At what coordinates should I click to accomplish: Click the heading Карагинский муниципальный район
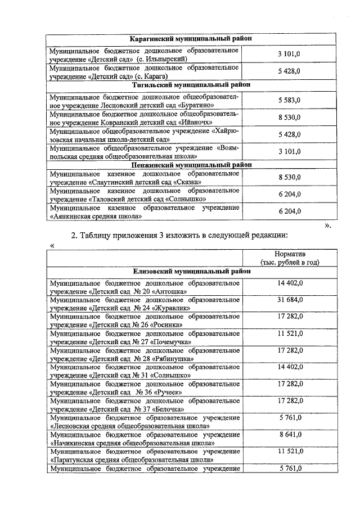tap(191, 39)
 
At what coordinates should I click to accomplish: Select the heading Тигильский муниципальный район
tap(191, 85)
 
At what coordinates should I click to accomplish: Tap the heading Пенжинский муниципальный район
tap(191, 165)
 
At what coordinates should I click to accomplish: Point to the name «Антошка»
tap(163, 291)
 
